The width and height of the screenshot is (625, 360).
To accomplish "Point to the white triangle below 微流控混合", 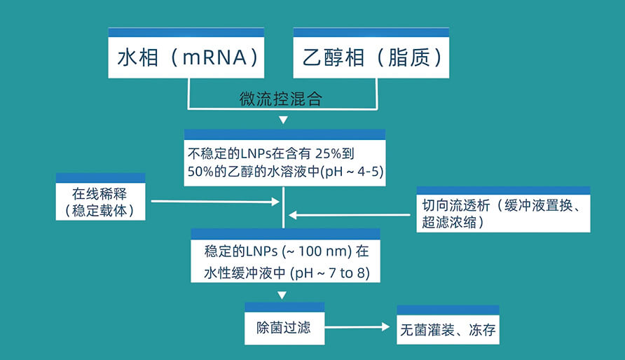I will (283, 120).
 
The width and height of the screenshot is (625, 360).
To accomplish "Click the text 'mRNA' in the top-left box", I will (214, 57).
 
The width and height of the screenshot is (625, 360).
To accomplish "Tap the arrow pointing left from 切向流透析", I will (350, 215).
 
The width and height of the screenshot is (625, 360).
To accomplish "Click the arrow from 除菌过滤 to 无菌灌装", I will (357, 327).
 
